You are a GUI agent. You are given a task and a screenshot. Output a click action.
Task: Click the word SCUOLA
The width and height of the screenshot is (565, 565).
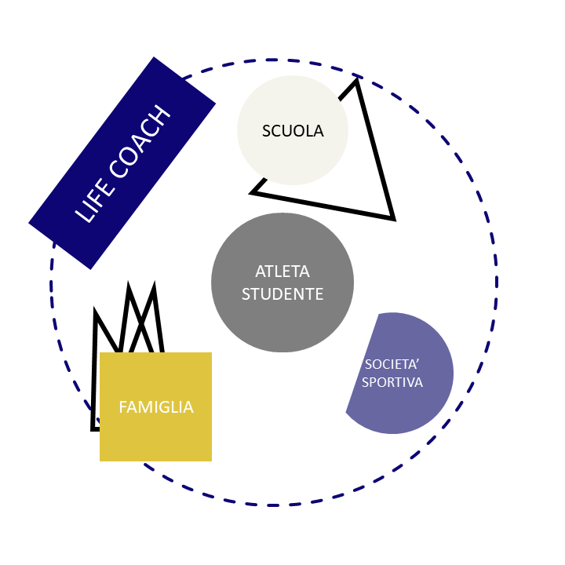[293, 131]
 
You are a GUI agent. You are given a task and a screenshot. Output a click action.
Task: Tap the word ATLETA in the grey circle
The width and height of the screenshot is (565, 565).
[282, 272]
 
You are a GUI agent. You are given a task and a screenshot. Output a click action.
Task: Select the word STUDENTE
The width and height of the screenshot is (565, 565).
[282, 294]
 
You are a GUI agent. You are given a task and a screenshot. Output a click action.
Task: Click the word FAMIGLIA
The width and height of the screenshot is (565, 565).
[156, 407]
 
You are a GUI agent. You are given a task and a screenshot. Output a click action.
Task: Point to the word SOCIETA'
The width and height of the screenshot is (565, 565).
[392, 364]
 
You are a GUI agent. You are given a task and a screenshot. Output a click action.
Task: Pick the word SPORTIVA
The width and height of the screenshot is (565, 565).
[392, 382]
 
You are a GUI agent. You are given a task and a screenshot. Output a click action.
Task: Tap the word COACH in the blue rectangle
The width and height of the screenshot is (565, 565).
[140, 141]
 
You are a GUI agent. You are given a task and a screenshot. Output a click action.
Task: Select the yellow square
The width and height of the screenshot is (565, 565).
[155, 406]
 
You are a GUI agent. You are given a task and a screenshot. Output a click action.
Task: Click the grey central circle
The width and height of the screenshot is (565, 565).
[282, 282]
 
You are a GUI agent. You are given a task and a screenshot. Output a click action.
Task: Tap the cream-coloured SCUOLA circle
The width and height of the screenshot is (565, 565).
[293, 130]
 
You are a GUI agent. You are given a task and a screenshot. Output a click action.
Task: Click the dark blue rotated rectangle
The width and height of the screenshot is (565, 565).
[122, 163]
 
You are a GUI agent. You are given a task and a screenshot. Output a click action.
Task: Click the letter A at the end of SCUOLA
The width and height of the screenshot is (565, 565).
[319, 131]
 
